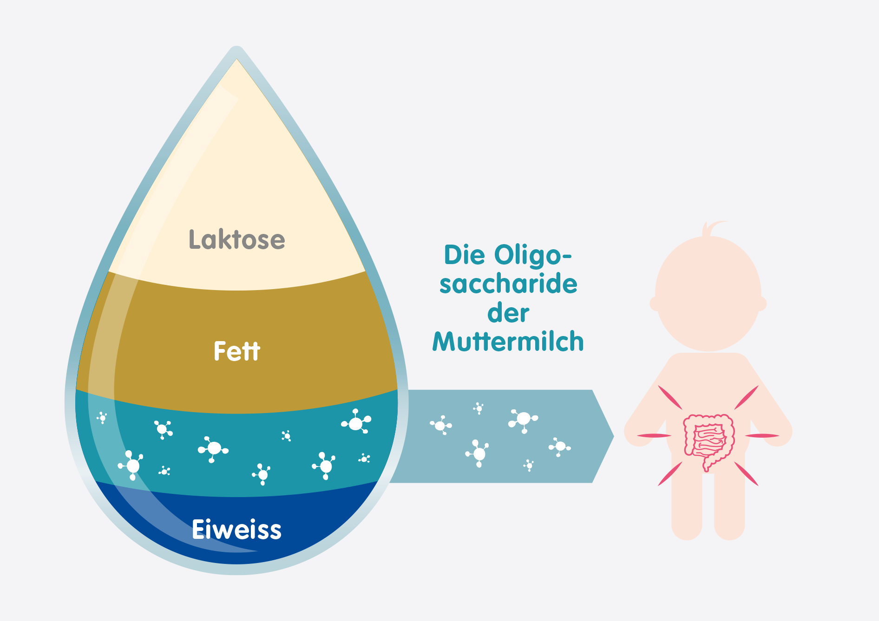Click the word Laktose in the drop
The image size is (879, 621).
[237, 239]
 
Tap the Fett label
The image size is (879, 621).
[237, 351]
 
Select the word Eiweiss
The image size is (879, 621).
[237, 530]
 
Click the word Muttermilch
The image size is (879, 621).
[508, 342]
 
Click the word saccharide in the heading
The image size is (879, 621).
[508, 284]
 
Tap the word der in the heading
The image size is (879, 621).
[508, 313]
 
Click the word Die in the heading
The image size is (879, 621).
[464, 255]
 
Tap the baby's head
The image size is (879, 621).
[708, 293]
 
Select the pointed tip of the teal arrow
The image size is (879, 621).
[614, 436]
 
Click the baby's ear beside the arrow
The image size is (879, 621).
[654, 304]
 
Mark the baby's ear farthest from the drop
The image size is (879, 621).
[762, 304]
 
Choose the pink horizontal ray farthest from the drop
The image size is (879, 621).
[762, 435]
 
